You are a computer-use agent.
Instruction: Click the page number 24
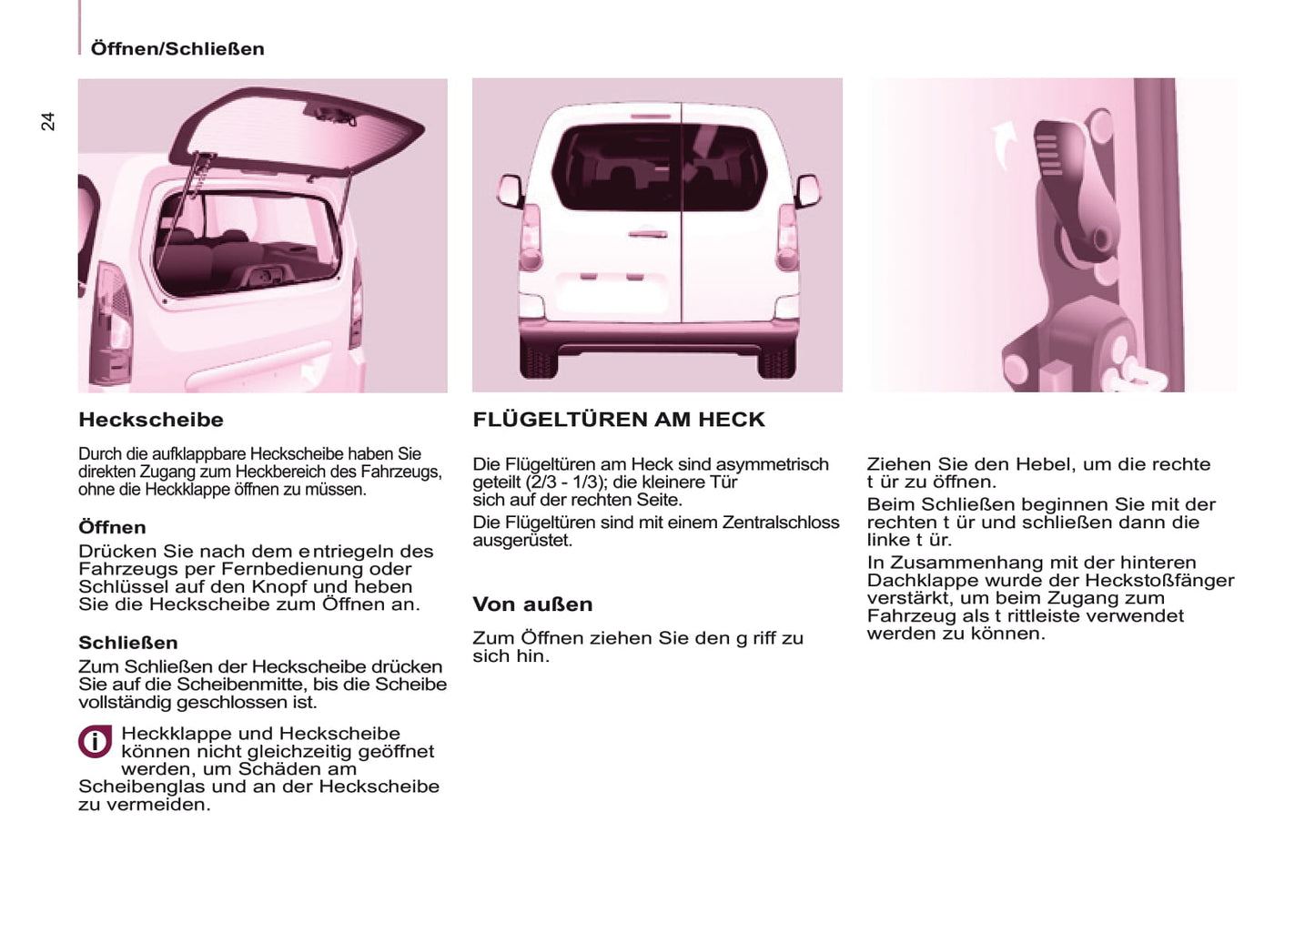tap(48, 121)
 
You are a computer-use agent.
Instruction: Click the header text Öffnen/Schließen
tap(177, 49)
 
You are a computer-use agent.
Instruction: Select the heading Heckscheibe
tap(151, 420)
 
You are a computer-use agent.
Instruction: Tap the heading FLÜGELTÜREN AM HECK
tap(619, 420)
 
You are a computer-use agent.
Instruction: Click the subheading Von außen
tap(532, 604)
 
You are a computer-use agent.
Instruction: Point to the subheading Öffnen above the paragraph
tap(112, 527)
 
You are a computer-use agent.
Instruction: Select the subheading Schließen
tap(128, 643)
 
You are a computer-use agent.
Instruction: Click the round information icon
tap(95, 742)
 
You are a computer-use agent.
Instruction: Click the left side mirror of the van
tap(510, 190)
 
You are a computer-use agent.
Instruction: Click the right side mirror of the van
tap(807, 190)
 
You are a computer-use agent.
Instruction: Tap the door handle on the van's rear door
tap(647, 234)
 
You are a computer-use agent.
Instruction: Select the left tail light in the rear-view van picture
tap(530, 239)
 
